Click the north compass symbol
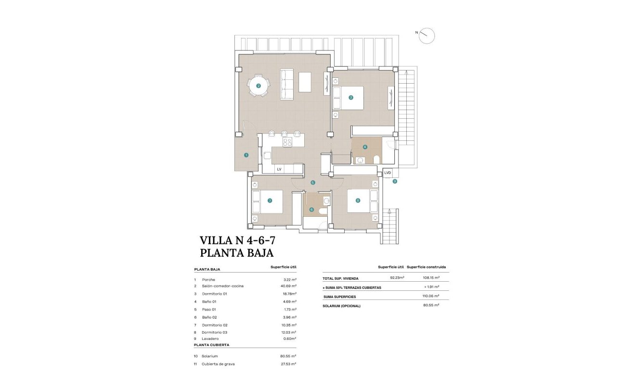[426, 36]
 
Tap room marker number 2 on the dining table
[258, 86]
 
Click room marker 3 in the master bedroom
[351, 98]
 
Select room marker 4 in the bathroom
[365, 147]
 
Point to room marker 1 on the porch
[246, 155]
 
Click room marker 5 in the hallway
[312, 183]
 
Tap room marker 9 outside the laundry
[395, 182]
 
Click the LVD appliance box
[388, 173]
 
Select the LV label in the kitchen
[279, 169]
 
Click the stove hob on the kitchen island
[287, 142]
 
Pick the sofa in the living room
[287, 85]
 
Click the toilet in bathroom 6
[323, 210]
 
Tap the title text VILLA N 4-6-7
[237, 240]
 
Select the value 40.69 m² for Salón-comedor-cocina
[289, 286]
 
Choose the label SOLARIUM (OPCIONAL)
[342, 306]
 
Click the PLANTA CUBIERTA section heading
[211, 345]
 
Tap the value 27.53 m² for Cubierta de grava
[289, 364]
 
